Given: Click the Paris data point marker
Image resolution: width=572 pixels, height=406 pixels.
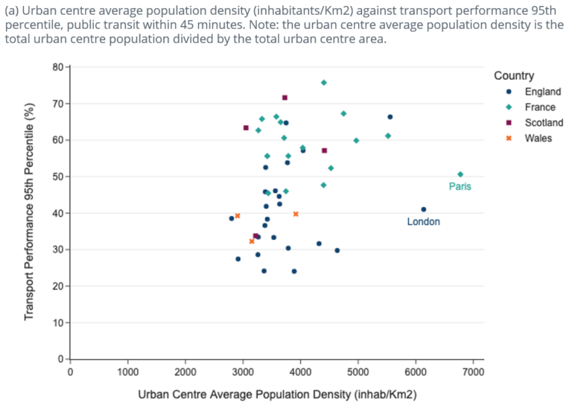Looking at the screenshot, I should click(x=460, y=174).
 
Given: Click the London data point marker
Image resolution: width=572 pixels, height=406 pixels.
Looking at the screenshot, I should click(x=424, y=209).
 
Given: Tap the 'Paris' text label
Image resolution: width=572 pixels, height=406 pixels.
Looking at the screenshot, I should click(x=460, y=186).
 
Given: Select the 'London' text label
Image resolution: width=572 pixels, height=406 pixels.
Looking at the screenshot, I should click(x=423, y=222).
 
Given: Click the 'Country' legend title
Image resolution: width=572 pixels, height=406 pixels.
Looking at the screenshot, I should click(x=513, y=76).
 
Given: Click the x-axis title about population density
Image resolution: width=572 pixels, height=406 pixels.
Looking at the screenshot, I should click(x=276, y=393).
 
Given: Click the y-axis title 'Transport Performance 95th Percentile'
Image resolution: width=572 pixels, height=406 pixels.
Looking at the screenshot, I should click(x=29, y=213).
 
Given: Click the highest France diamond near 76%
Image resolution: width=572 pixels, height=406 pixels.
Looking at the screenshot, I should click(x=324, y=83).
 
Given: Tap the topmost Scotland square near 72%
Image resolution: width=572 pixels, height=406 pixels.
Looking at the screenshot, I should click(x=285, y=98).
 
